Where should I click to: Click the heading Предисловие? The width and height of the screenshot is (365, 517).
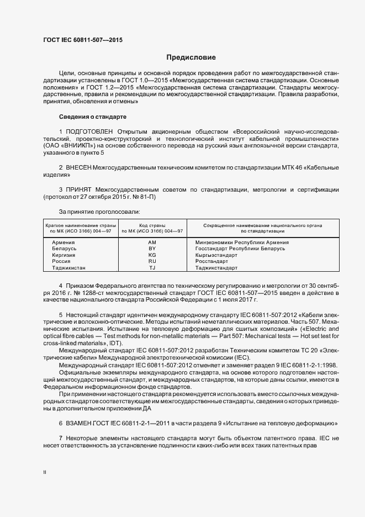(191, 57)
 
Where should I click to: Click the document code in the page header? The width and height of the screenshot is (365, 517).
(82, 40)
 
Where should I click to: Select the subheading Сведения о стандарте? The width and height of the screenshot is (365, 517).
(93, 117)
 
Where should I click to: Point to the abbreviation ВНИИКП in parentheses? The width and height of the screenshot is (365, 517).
(77, 146)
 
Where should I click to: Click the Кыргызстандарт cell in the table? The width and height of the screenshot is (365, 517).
(213, 255)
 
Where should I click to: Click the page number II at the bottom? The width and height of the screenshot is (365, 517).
(45, 473)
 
